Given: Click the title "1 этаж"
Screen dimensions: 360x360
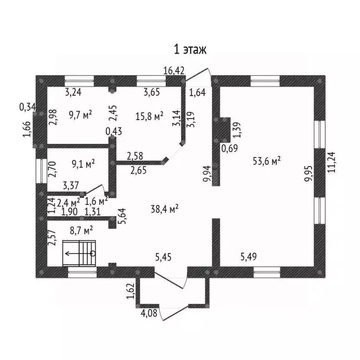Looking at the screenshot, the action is (x=190, y=50).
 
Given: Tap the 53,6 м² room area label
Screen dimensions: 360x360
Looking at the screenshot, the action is (x=267, y=161).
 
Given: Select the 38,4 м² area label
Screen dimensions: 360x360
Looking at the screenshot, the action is (x=165, y=209).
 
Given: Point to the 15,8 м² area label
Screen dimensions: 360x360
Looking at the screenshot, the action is (x=149, y=116).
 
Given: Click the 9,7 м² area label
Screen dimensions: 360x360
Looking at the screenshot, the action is (x=80, y=115).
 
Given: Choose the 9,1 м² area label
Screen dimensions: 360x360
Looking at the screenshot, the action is (x=83, y=164).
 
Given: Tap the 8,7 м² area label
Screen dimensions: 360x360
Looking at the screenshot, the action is (x=81, y=230).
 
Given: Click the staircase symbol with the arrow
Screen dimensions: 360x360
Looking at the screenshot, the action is (x=79, y=253).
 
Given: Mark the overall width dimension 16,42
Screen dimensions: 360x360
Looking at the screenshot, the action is (x=174, y=70).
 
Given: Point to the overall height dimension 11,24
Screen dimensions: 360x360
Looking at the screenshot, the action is (x=331, y=162).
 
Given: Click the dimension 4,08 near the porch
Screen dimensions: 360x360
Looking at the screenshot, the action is (x=149, y=313).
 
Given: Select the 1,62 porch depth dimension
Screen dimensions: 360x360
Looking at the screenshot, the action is (x=130, y=291).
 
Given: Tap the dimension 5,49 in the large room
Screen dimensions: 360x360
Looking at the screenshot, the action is (x=248, y=257).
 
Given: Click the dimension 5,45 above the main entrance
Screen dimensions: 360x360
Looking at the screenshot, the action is (x=163, y=257).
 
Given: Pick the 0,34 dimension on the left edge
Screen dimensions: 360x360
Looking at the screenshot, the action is (x=28, y=107).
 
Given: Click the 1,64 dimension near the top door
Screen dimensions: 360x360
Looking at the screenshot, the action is (x=197, y=93).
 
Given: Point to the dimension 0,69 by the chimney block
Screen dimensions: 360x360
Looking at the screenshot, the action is (x=230, y=148).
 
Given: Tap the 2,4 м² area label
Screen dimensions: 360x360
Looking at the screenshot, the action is (x=68, y=202).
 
